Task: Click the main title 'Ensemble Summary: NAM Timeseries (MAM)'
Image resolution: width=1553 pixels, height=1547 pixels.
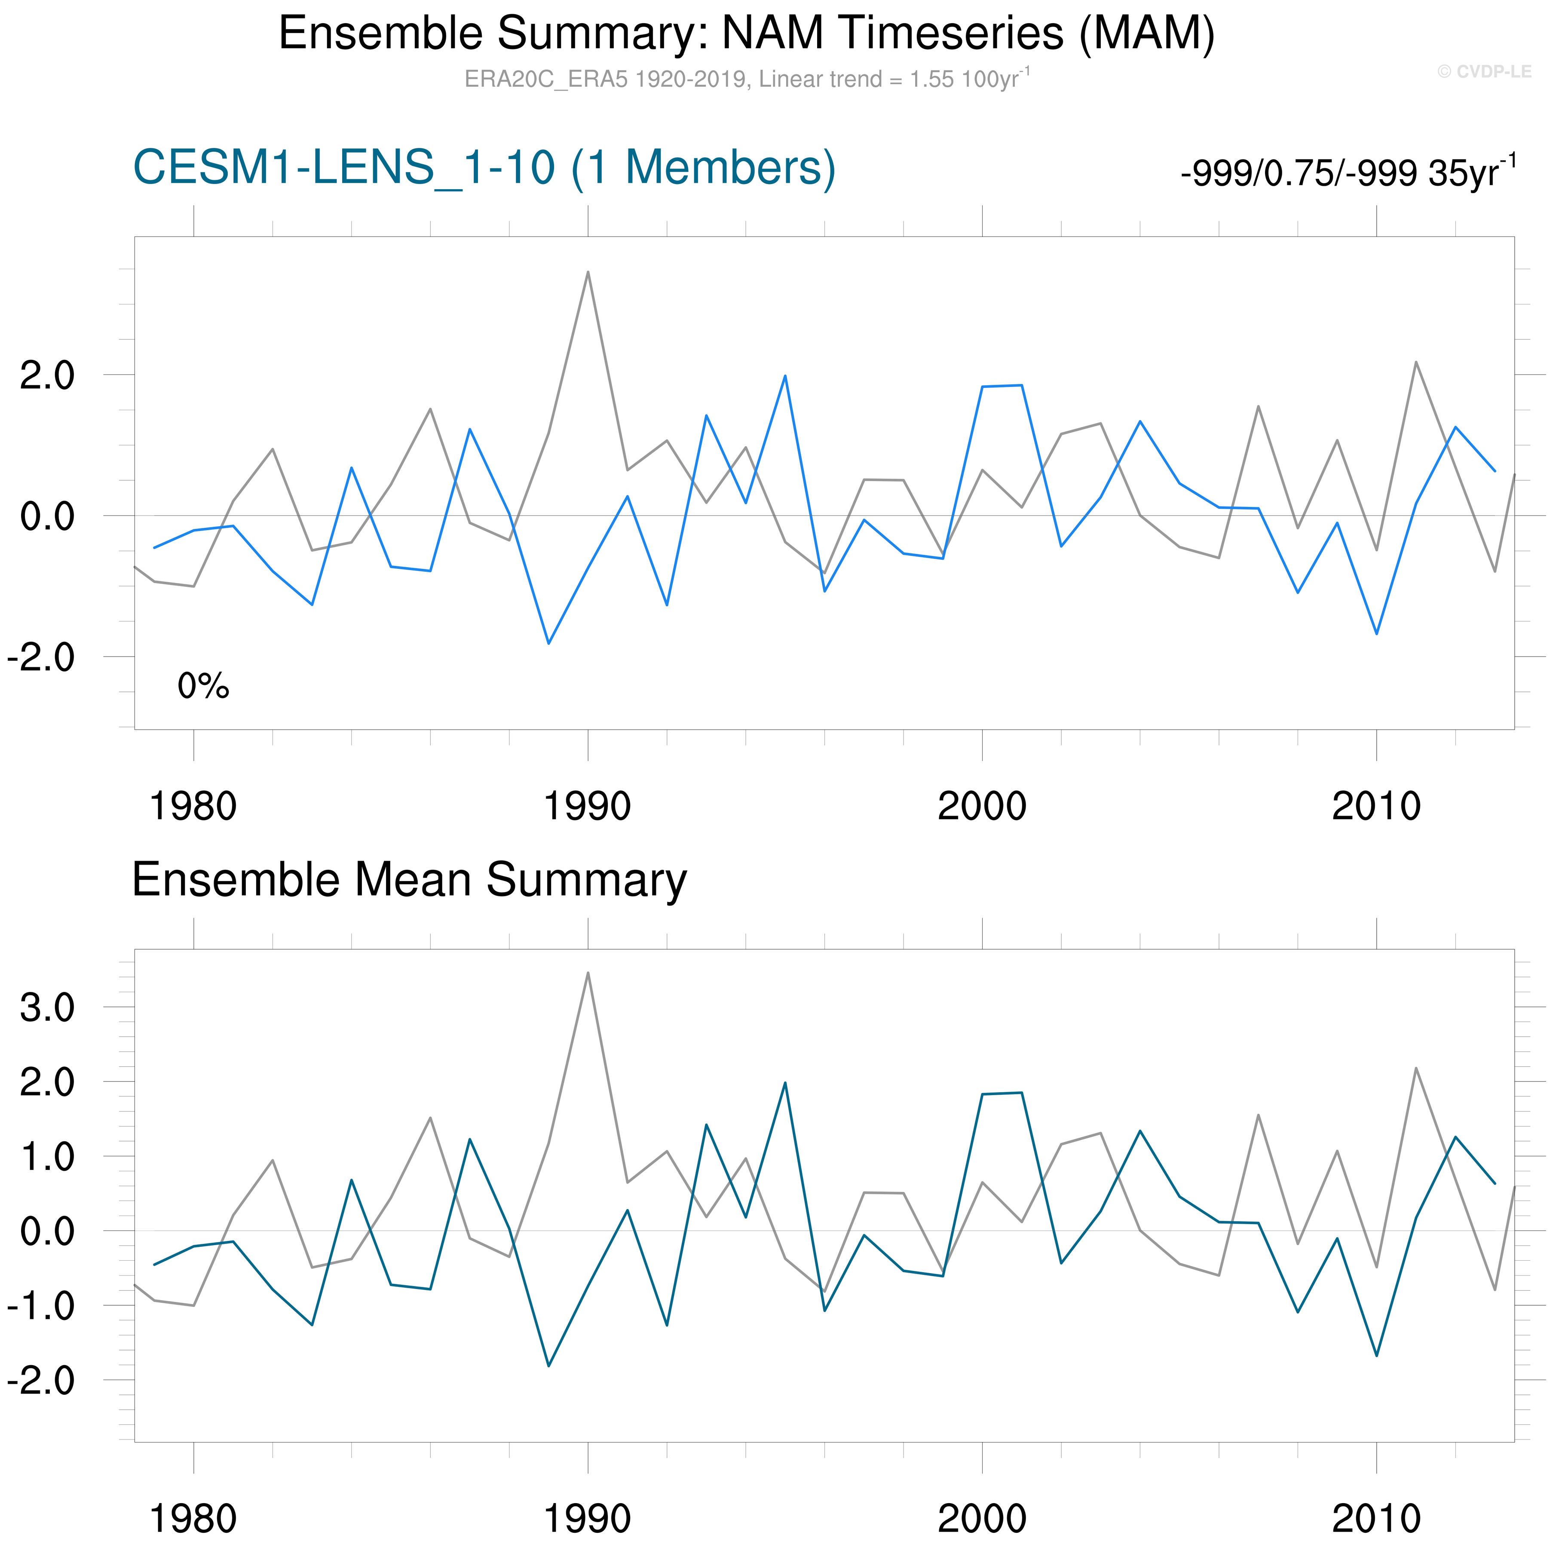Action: pyautogui.click(x=746, y=34)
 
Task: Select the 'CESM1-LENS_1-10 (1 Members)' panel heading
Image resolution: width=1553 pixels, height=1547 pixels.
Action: pyautogui.click(x=484, y=168)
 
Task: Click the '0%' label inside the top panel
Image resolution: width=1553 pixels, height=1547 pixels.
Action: pyautogui.click(x=203, y=686)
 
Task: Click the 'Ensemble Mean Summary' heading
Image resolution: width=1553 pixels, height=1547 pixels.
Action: pyautogui.click(x=409, y=880)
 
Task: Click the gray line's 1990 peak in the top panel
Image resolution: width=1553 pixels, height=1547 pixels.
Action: pyautogui.click(x=588, y=273)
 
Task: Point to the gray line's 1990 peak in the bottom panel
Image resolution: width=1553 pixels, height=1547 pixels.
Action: pyautogui.click(x=588, y=973)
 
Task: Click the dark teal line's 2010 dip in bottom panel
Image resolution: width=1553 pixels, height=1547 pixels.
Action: pyautogui.click(x=1377, y=1356)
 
